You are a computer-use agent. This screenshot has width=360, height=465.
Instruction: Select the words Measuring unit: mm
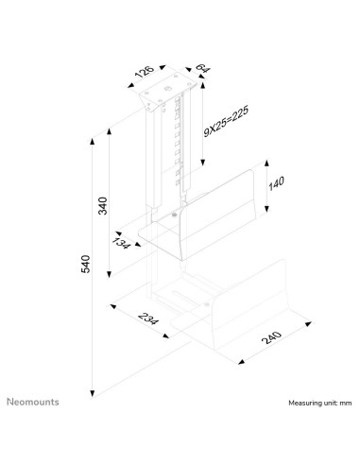[319, 403]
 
